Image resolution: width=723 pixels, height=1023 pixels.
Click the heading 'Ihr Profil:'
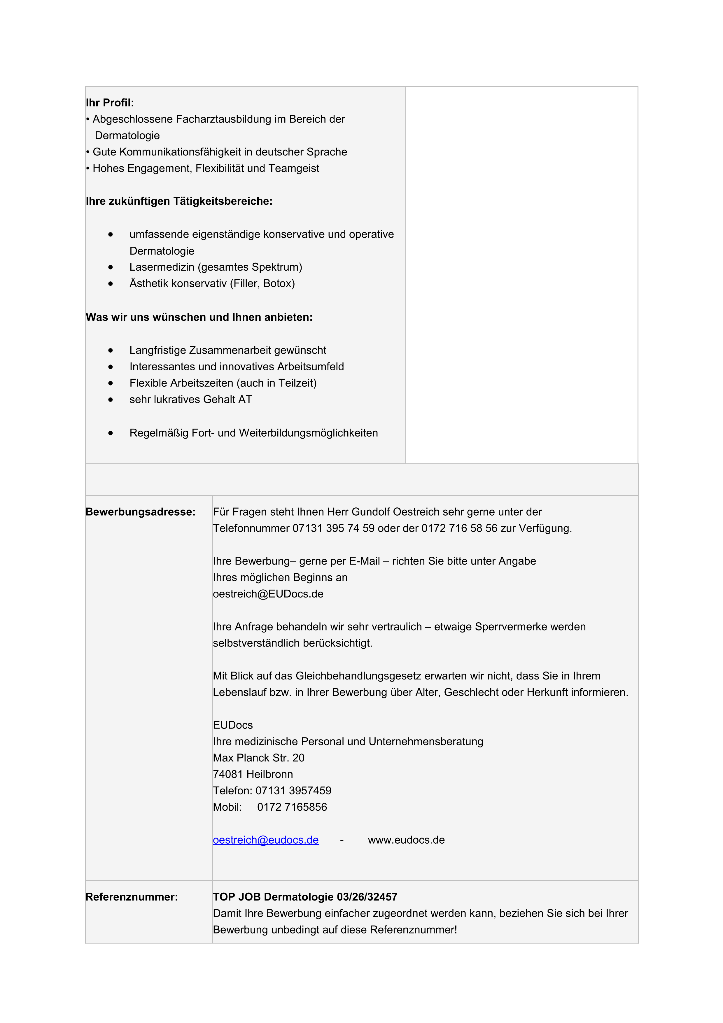(110, 103)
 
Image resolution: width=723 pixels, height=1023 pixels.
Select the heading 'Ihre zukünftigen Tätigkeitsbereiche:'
(179, 202)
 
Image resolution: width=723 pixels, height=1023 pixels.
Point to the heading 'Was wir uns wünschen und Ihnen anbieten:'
(199, 317)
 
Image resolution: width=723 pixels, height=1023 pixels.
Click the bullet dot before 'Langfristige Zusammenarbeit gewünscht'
(111, 351)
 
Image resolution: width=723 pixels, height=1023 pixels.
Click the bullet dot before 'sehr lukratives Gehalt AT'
(111, 400)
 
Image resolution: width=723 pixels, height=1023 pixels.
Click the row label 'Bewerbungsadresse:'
(140, 512)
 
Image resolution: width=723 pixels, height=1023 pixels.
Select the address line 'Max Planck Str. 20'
(258, 758)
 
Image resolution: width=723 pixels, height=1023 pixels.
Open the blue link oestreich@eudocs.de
(265, 840)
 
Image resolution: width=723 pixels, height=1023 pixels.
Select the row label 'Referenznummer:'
(132, 897)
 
